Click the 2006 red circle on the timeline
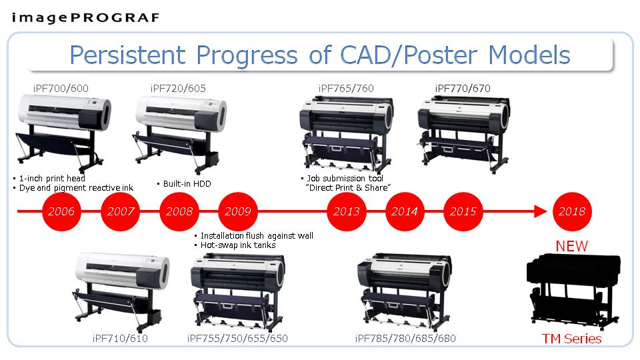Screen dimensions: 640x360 [61, 211]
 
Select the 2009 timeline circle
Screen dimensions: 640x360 [238, 211]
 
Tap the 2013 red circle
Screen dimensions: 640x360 [347, 211]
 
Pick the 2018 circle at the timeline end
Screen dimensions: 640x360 [572, 211]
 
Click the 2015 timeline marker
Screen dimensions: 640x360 [463, 211]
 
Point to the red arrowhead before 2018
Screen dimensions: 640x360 [541, 211]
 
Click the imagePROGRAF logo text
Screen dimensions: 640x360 [85, 18]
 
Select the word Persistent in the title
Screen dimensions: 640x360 [127, 55]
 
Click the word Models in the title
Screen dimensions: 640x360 [529, 55]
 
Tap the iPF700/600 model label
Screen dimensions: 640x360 [61, 88]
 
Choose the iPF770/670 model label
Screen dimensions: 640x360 [463, 88]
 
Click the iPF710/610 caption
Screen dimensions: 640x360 [120, 339]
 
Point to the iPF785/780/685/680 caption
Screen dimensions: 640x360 [405, 339]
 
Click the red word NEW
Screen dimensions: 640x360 [572, 246]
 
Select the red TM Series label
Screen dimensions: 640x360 [572, 339]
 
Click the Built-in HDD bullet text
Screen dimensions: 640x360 [184, 184]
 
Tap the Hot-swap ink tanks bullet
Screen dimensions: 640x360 [235, 245]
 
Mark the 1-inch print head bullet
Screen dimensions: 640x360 [49, 179]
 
